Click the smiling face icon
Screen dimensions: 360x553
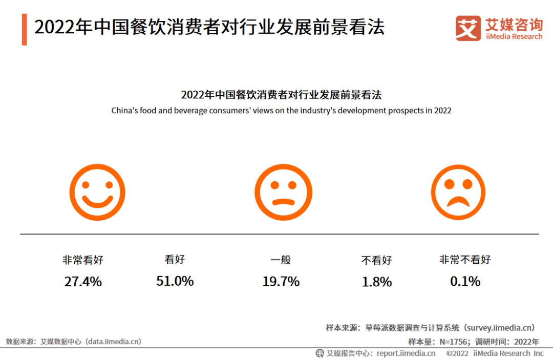[x=97, y=193]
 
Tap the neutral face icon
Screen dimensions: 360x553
[x=283, y=193]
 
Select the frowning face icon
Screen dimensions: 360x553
[x=458, y=193]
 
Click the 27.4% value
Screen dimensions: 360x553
[x=83, y=282]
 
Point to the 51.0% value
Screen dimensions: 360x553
[x=175, y=281]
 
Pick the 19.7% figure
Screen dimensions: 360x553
[x=281, y=282]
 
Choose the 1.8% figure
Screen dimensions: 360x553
[x=377, y=282]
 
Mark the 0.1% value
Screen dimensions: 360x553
[x=465, y=282]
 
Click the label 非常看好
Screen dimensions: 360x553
[x=83, y=260]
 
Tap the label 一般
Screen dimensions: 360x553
[x=281, y=260]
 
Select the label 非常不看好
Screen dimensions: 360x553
[x=465, y=260]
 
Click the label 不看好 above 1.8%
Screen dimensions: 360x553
[x=376, y=260]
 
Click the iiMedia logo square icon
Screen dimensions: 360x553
[x=468, y=28]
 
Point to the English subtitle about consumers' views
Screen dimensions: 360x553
[x=281, y=111]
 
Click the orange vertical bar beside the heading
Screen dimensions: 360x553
[x=24, y=30]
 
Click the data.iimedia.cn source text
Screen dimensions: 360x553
[x=114, y=341]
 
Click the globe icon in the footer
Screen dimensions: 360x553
[x=320, y=353]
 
